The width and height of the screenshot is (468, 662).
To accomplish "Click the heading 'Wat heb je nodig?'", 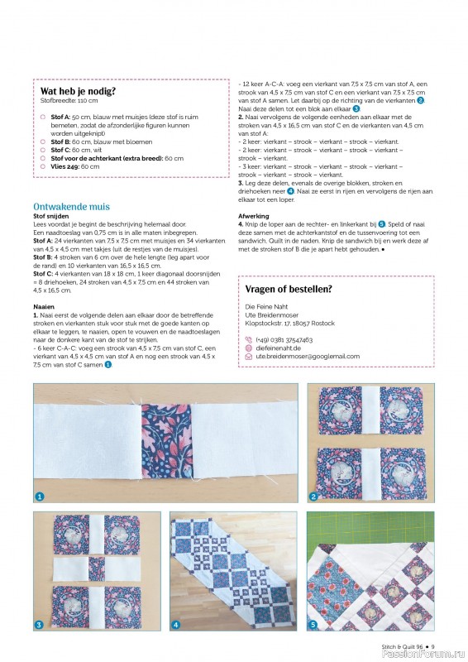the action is click(78, 91).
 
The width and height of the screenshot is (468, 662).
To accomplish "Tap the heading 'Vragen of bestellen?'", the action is click(289, 289).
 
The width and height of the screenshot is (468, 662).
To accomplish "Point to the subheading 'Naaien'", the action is click(44, 306).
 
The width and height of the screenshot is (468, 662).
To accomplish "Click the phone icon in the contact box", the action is click(249, 339).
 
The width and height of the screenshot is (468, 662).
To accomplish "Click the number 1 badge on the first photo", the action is click(39, 496).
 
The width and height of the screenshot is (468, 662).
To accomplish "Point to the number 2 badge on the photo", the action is click(313, 496).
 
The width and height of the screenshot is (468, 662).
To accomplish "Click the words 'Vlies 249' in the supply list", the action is click(64, 166).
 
